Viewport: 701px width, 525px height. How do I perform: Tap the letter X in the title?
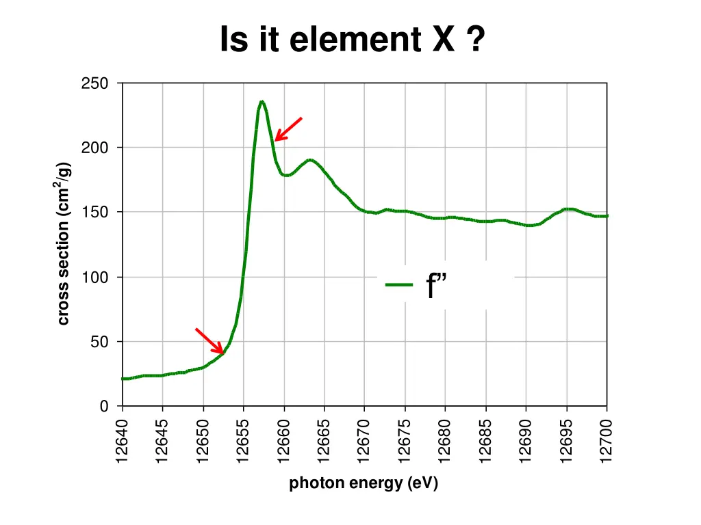point(443,39)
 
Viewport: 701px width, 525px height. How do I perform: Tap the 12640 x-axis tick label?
point(123,442)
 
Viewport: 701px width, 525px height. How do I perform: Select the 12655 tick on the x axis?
point(244,442)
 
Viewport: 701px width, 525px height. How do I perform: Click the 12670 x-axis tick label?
point(365,442)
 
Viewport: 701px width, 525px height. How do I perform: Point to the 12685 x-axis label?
point(486,442)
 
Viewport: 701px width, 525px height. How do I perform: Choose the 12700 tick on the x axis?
point(607,442)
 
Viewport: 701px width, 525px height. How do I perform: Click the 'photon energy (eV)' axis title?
point(364,484)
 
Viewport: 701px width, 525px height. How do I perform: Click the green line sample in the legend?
point(399,285)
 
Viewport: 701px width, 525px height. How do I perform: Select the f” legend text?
point(437,286)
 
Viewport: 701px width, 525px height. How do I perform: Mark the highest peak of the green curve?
point(262,102)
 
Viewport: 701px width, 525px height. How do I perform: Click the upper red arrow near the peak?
point(288,129)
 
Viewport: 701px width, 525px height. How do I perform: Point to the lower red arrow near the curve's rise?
point(209,340)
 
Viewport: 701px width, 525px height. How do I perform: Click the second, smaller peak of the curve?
point(311,161)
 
